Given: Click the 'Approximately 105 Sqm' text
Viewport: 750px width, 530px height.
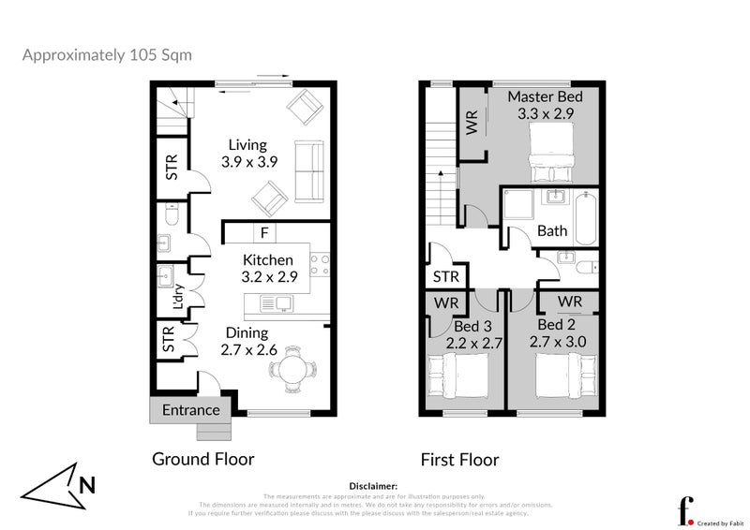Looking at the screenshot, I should [x=107, y=54].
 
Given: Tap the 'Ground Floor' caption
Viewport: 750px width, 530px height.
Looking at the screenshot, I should [x=203, y=459].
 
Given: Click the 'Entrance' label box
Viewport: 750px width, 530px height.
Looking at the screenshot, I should [x=190, y=410].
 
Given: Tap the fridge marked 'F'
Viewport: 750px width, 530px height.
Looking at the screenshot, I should [x=265, y=232].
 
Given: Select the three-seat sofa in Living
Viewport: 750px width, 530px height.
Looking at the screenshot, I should [x=308, y=170].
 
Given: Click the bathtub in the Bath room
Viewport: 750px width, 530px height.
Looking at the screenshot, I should [x=585, y=218].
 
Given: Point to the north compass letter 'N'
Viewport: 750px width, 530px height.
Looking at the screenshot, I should [x=86, y=485].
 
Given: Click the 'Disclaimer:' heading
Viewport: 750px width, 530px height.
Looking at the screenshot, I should [x=373, y=486].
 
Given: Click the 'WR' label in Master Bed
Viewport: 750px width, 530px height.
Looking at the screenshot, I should [x=472, y=123].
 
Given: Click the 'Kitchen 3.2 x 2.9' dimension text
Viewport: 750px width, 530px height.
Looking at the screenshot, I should [x=268, y=268].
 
